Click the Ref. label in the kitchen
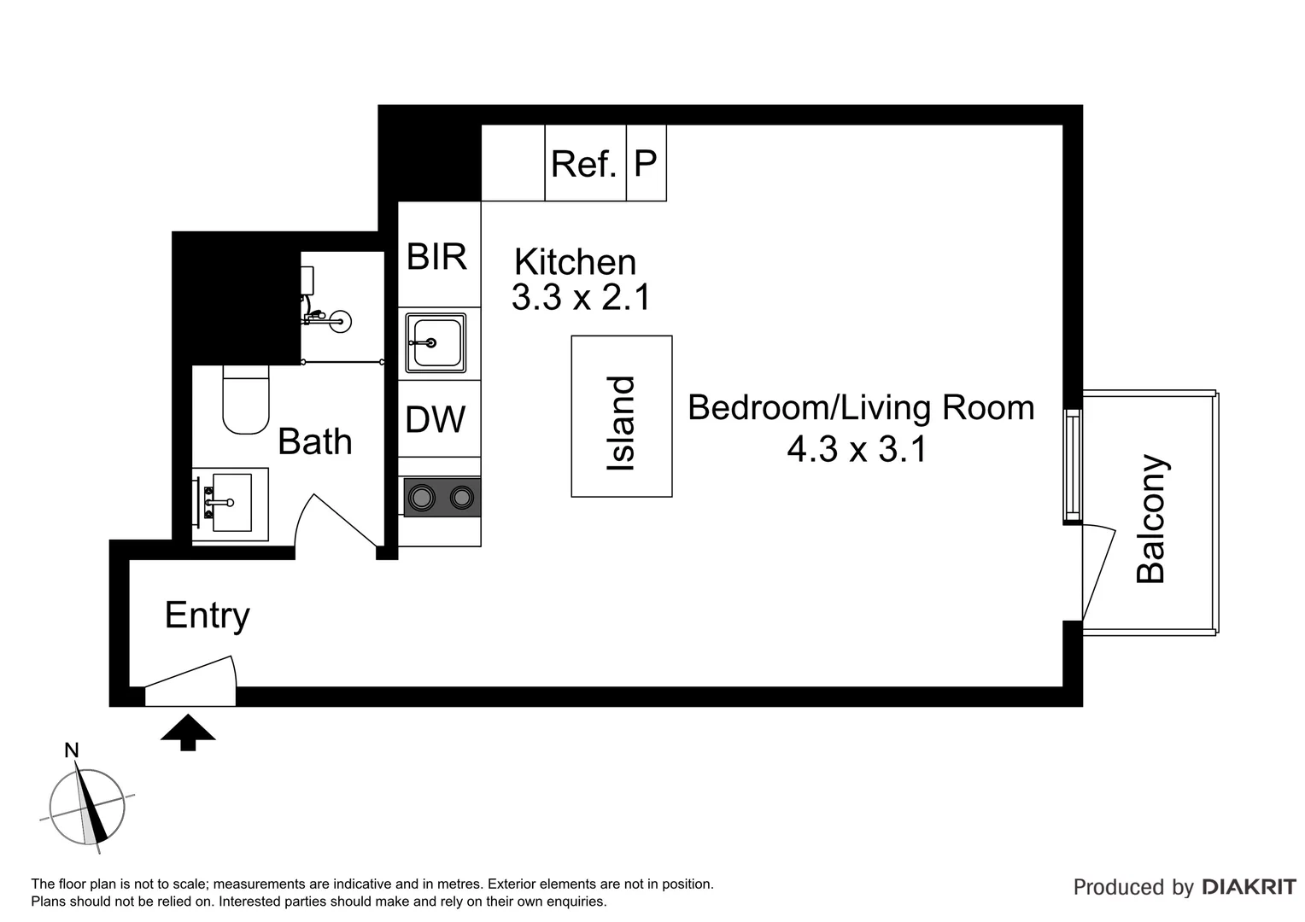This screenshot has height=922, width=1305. [584, 164]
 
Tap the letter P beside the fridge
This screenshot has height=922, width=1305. [646, 163]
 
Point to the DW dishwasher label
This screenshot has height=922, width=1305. [436, 419]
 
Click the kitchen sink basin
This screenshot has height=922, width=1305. [436, 342]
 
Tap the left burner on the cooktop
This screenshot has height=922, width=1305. [421, 498]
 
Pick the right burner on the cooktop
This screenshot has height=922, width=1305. [462, 498]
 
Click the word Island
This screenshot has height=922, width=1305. [620, 423]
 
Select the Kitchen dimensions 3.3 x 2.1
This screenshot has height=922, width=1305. [581, 297]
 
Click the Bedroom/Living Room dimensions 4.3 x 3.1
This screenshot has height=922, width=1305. [857, 449]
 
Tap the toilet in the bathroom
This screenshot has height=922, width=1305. [246, 400]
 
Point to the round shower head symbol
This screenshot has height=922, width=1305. [340, 322]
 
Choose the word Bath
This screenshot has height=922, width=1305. [315, 441]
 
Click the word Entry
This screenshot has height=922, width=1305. [208, 616]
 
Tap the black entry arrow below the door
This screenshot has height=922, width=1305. [188, 732]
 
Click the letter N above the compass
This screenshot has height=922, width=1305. [71, 750]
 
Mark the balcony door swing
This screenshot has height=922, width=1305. [1099, 572]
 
